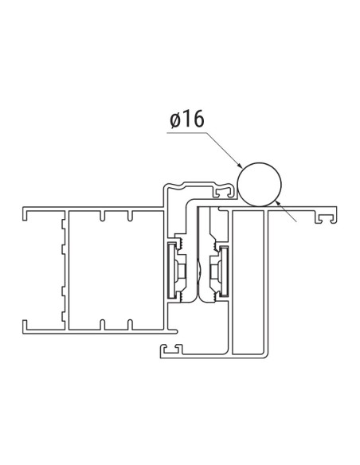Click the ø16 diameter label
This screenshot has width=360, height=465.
coord(186,120)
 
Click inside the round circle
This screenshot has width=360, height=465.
coord(260,184)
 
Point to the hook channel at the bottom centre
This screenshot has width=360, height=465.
coord(170,349)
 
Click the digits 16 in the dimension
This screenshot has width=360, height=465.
coord(193,120)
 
